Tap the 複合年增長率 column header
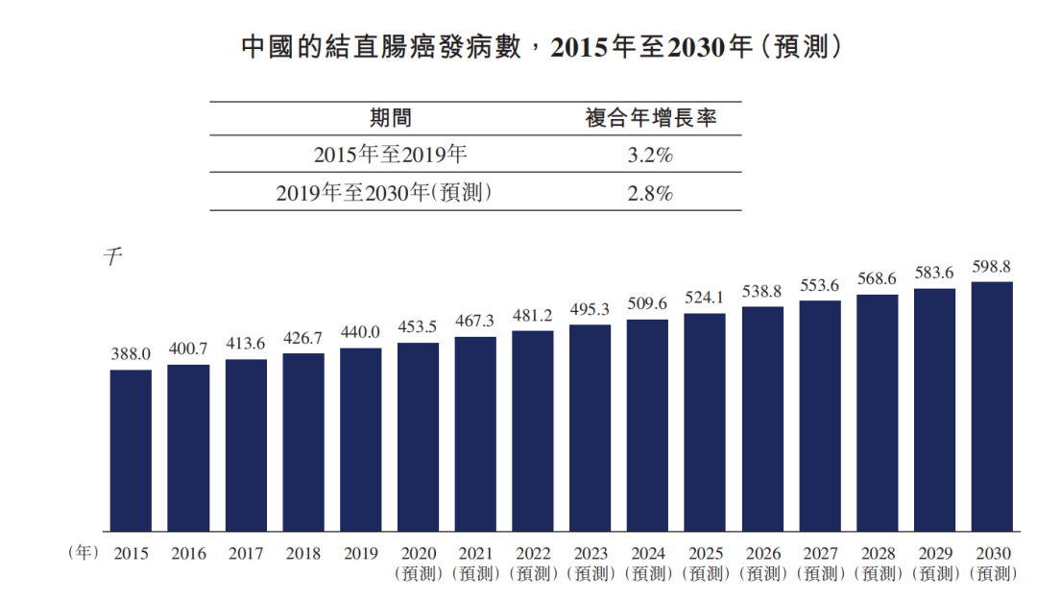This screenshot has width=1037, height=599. click(x=650, y=118)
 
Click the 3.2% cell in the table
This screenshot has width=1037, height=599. click(x=650, y=155)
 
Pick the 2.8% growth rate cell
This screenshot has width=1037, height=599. click(x=650, y=192)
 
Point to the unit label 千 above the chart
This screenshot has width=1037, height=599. click(x=113, y=257)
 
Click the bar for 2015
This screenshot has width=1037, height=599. click(x=131, y=450)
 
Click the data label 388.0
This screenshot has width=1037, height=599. click(x=131, y=355)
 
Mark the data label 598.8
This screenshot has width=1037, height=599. click(x=992, y=267)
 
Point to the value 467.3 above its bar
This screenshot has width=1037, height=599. click(x=475, y=321)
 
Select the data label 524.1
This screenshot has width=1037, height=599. click(x=705, y=298)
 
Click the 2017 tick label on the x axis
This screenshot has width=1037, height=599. click(x=246, y=554)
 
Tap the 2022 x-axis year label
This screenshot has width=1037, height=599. click(x=533, y=554)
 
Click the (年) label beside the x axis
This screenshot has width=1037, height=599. click(x=84, y=553)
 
